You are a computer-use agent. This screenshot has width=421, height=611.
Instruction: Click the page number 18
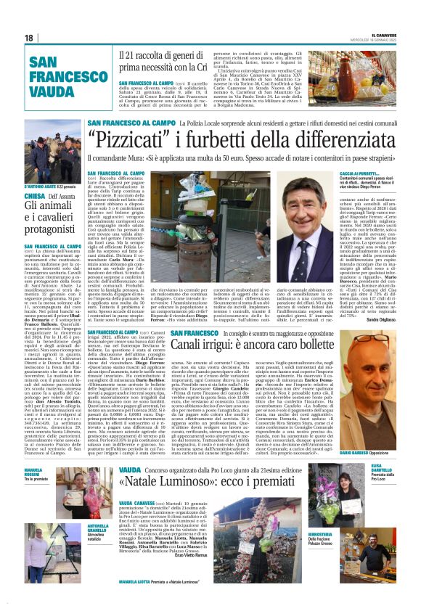pyautogui.click(x=29, y=37)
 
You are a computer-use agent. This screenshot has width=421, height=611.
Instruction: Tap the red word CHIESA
pyautogui.click(x=35, y=196)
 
